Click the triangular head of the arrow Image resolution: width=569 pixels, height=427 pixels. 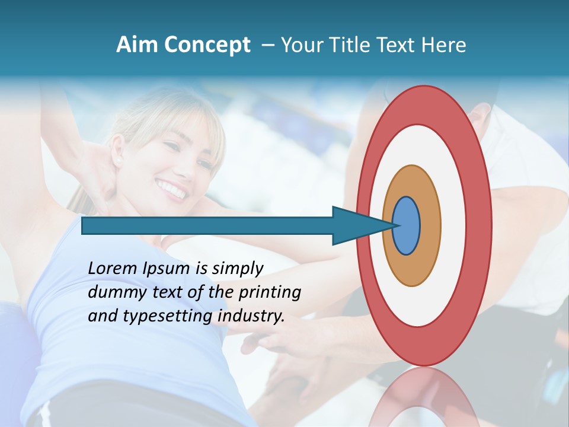pyautogui.click(x=356, y=226)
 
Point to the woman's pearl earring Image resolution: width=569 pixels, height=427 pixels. pyautogui.click(x=116, y=161)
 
